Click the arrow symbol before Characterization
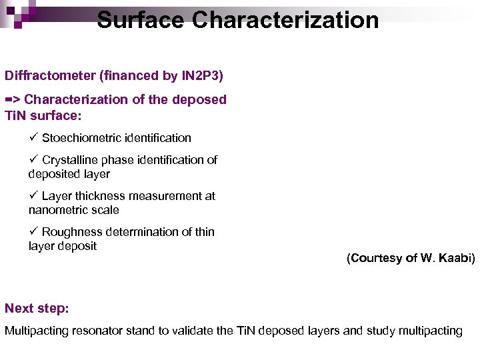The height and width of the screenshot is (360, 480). [13, 99]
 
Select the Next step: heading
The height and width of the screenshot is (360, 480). [37, 308]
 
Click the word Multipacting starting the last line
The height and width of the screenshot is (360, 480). [33, 331]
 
